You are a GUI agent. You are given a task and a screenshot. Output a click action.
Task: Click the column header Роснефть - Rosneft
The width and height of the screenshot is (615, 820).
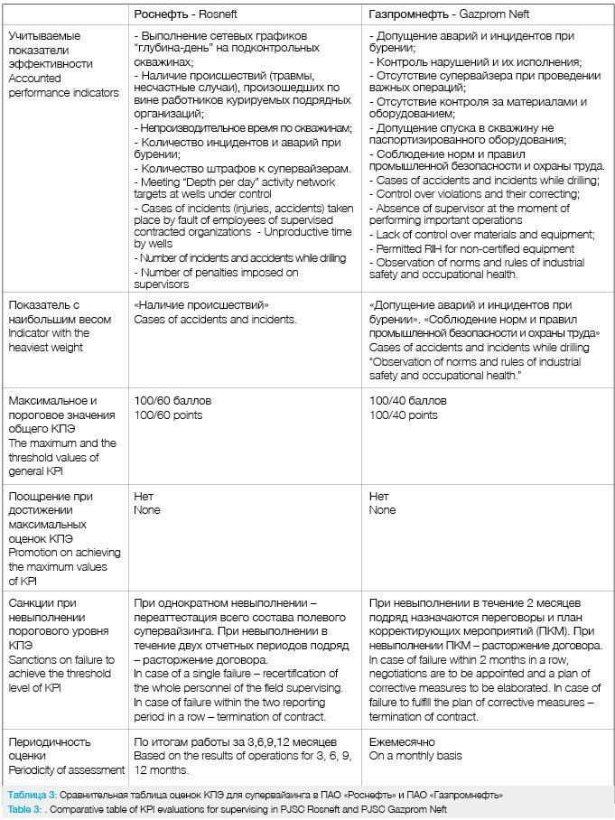click(x=186, y=14)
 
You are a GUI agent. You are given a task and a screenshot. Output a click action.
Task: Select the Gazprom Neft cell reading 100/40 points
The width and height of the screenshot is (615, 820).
click(x=404, y=415)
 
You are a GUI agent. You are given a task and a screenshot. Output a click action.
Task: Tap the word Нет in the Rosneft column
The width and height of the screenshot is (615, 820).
click(x=143, y=496)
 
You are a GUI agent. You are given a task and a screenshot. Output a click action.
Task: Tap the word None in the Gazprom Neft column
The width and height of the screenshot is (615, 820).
click(x=383, y=509)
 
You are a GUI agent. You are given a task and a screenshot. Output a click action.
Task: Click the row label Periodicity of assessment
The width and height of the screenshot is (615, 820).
click(x=66, y=769)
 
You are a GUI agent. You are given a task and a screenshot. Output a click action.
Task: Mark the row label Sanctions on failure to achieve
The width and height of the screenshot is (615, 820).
click(x=62, y=666)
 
